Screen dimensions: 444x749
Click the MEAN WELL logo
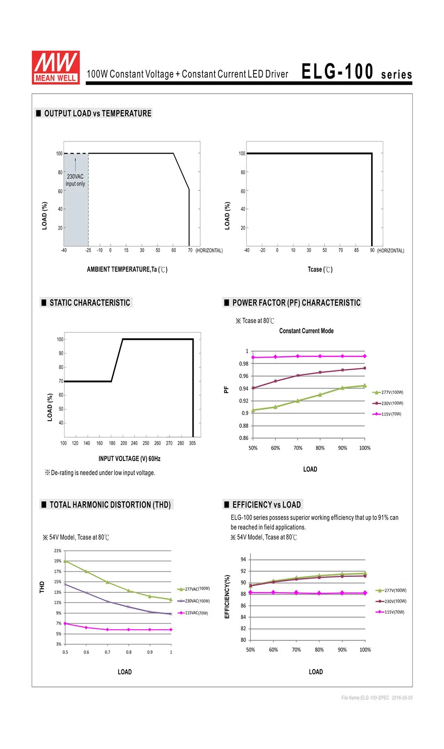tap(55, 67)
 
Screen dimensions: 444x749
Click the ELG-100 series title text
tap(357, 71)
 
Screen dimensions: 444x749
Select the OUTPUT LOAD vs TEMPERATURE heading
tap(98, 113)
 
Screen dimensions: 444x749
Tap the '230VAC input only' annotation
tap(75, 180)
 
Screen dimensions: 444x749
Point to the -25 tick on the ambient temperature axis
tap(88, 250)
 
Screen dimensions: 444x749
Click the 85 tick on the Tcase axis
tap(357, 250)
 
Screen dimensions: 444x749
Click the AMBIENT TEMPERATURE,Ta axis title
tap(127, 269)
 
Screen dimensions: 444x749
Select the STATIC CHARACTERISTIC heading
tap(90, 303)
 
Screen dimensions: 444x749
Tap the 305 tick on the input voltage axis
tap(192, 443)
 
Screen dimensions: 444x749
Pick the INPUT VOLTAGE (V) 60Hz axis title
tap(130, 458)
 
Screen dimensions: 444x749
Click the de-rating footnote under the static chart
tap(100, 473)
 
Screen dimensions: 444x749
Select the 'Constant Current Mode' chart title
tap(306, 331)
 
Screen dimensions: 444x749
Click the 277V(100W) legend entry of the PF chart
tap(388, 392)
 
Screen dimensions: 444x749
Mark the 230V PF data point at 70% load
tap(297, 375)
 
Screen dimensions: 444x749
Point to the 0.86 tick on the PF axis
tap(244, 438)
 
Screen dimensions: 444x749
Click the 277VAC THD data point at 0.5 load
tap(65, 561)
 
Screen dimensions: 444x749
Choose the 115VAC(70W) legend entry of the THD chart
tap(193, 613)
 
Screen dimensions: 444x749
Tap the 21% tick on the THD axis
tap(58, 550)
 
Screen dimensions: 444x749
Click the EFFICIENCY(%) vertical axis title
tap(227, 596)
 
